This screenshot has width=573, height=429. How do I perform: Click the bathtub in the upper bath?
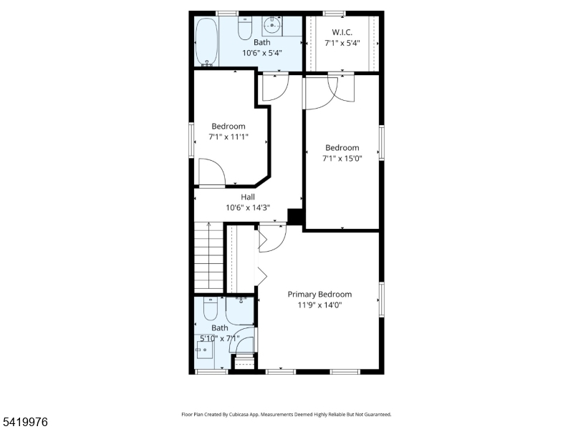click(206, 41)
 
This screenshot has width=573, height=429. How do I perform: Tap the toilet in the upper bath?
click(245, 28)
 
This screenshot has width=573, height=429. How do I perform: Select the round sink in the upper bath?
click(272, 25)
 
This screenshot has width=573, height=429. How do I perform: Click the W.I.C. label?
click(342, 32)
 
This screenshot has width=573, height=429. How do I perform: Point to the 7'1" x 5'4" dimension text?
click(342, 43)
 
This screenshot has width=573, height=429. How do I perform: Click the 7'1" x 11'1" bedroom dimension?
click(228, 137)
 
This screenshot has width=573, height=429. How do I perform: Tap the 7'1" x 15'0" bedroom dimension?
click(342, 158)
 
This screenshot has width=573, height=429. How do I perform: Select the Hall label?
click(248, 197)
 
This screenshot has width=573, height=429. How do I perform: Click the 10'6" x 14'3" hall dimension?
click(248, 207)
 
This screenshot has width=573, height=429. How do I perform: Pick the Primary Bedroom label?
click(319, 294)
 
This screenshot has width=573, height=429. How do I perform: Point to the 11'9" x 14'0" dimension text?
click(319, 305)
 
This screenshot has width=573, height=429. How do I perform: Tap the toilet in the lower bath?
click(210, 309)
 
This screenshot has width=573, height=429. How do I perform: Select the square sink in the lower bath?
click(205, 350)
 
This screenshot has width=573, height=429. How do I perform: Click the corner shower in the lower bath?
click(239, 310)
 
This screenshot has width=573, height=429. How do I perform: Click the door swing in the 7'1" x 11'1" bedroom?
click(212, 172)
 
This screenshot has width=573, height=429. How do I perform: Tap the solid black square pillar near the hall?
click(295, 217)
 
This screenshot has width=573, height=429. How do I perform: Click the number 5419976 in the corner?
click(24, 422)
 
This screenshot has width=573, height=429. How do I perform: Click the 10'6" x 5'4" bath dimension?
click(262, 53)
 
